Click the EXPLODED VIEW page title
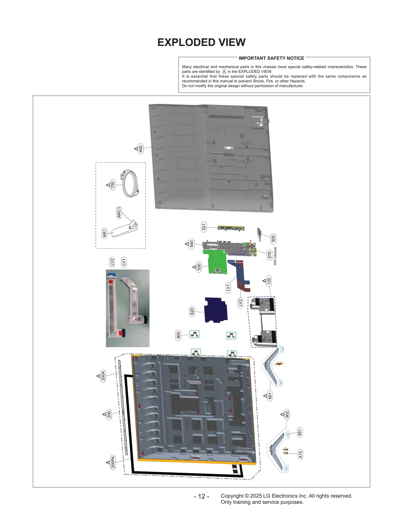[201, 42]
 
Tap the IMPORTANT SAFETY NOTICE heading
[271, 58]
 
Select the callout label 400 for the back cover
[141, 149]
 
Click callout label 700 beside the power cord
[113, 185]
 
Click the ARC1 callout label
[119, 212]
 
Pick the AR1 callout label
[105, 233]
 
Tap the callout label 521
[204, 227]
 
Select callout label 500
[273, 238]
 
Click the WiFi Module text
[275, 256]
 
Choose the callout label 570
[270, 255]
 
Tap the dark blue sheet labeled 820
[216, 310]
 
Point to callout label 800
[178, 335]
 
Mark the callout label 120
[269, 281]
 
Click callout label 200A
[103, 376]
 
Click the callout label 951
[300, 433]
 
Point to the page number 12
[201, 496]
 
